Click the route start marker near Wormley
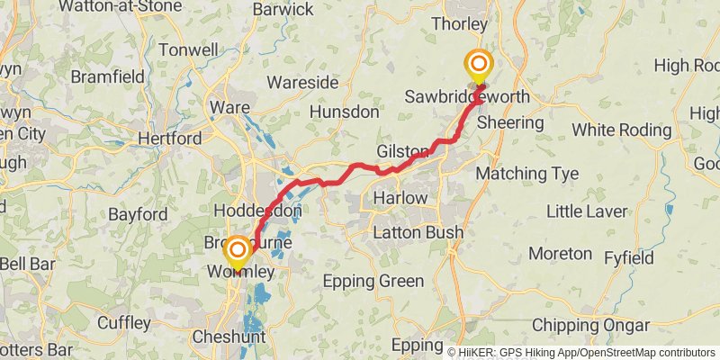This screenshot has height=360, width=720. pyautogui.click(x=237, y=251)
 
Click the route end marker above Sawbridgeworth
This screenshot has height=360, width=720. pyautogui.click(x=478, y=65)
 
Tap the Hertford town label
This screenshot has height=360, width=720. pyautogui.click(x=169, y=139)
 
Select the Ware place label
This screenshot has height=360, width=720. pyautogui.click(x=224, y=107)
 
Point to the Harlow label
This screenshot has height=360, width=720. pyautogui.click(x=399, y=197)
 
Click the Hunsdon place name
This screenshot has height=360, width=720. pyautogui.click(x=344, y=112)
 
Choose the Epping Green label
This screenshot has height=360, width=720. pyautogui.click(x=373, y=282)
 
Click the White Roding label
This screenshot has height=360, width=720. pyautogui.click(x=622, y=130)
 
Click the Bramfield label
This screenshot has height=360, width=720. pyautogui.click(x=107, y=77)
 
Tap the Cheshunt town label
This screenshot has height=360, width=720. pyautogui.click(x=229, y=337)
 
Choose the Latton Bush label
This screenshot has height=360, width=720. pyautogui.click(x=418, y=233)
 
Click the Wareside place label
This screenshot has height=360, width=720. pyautogui.click(x=303, y=83)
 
